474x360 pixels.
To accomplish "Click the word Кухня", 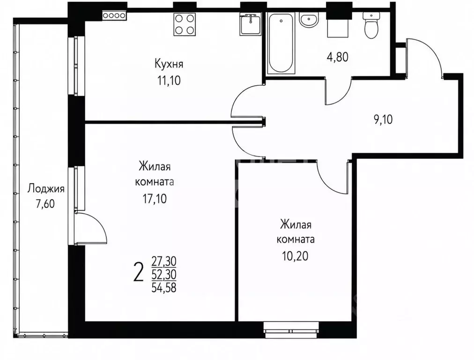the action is [169, 64].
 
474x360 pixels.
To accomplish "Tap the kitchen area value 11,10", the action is [169, 81].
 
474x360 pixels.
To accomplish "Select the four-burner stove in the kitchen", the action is [184, 24].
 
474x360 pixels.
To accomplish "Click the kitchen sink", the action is [250, 25].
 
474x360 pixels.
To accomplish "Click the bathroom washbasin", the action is [309, 20].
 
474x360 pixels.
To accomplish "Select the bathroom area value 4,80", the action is [337, 57].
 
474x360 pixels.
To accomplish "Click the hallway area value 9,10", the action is [383, 120].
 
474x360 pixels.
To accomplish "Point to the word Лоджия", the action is [46, 189].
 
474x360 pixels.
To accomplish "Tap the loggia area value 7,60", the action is [45, 204].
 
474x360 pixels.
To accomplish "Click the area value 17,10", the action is [155, 199].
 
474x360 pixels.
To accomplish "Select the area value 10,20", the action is [296, 256].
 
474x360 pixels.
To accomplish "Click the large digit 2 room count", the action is [138, 272].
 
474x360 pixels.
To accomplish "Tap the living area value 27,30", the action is [164, 261].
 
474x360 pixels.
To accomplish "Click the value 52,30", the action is [164, 274].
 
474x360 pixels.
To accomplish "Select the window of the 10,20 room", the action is [291, 330].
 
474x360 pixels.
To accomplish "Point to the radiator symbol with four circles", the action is [114, 15].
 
